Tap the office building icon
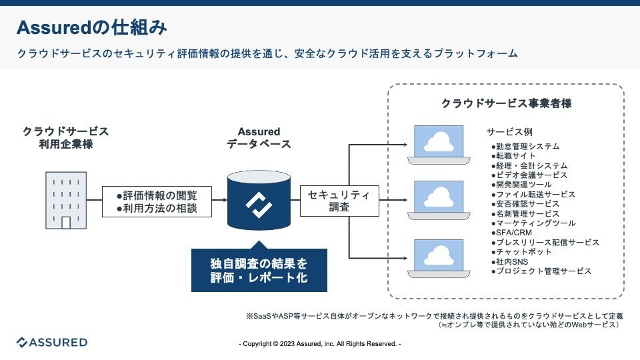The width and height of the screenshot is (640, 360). tap(65, 200)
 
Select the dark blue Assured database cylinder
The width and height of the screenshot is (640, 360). tap(258, 201)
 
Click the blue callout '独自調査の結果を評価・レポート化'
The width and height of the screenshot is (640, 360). tap(259, 270)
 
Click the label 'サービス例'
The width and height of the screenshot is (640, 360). tap(509, 132)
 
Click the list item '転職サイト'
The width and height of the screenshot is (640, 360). tap(513, 156)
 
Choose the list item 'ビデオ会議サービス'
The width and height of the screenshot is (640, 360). tap(529, 175)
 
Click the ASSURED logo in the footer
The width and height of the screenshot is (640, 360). tap(52, 343)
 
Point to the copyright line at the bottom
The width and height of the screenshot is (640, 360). tap(320, 344)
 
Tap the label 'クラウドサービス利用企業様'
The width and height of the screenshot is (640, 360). tap(65, 138)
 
